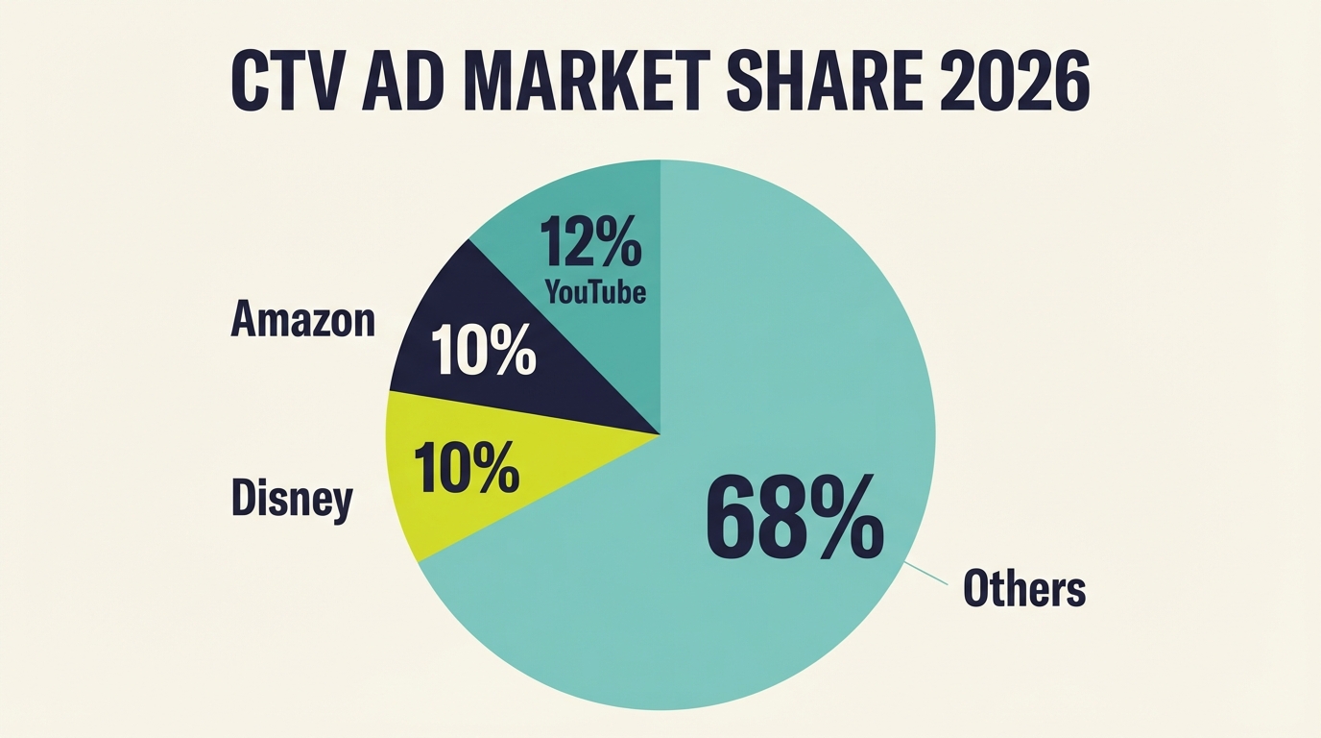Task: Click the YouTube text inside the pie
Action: pyautogui.click(x=595, y=291)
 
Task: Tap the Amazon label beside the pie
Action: pyautogui.click(x=302, y=320)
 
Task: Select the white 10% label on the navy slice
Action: pyautogui.click(x=483, y=351)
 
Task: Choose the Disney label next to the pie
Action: pyautogui.click(x=293, y=499)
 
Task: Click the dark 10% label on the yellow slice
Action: pyautogui.click(x=467, y=468)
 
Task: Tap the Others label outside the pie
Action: pyautogui.click(x=1023, y=588)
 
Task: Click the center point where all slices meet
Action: pyautogui.click(x=660, y=434)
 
